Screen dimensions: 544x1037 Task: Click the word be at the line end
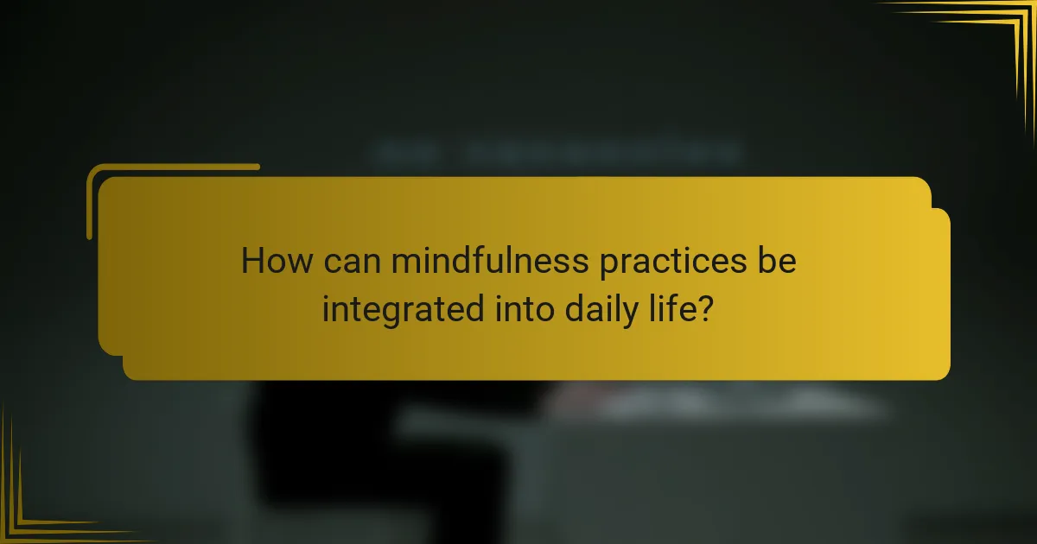point(775,261)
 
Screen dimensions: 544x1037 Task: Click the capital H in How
point(251,261)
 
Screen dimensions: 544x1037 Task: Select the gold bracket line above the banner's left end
point(173,168)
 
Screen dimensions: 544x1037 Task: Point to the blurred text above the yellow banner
point(557,154)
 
